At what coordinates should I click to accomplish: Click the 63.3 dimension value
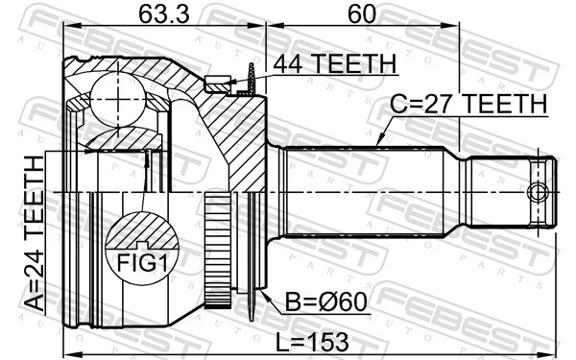(164, 15)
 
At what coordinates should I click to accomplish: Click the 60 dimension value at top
(362, 14)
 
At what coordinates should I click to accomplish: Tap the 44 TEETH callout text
(335, 63)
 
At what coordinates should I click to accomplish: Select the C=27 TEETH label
(468, 104)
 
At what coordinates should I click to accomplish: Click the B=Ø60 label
(326, 302)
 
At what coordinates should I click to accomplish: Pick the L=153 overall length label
(312, 342)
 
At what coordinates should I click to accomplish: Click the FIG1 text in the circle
(142, 263)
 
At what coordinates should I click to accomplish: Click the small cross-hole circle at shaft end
(538, 193)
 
